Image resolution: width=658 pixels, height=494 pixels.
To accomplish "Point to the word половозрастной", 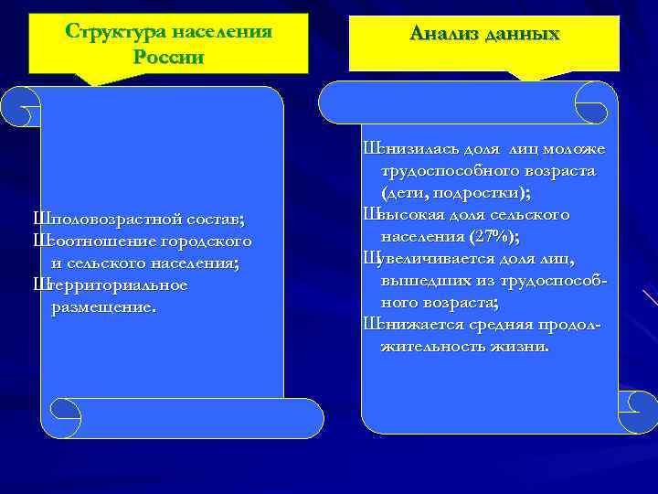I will pyautogui.click(x=105, y=220).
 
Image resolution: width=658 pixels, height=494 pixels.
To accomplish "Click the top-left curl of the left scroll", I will pyautogui.click(x=20, y=108).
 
